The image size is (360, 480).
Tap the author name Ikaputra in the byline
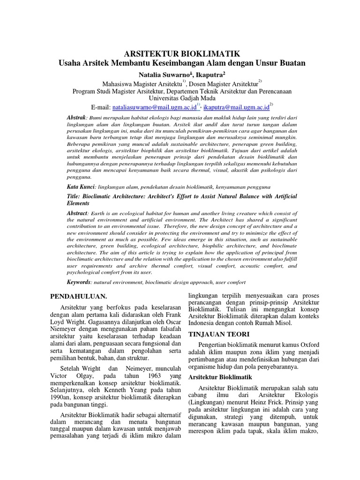point(210,74)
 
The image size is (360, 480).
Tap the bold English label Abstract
point(77,213)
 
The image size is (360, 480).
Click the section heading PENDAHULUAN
point(79,296)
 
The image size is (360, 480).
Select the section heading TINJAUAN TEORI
point(217,334)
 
